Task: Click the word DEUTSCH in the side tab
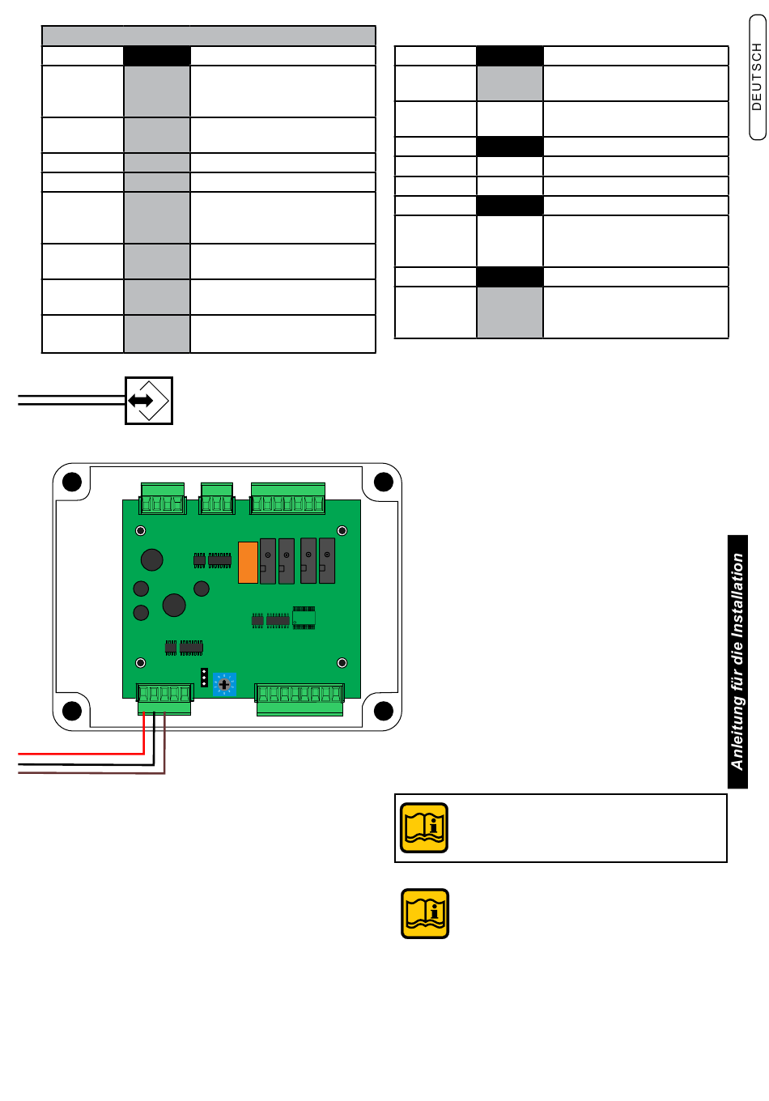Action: pos(757,77)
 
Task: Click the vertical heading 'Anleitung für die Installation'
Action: pos(737,661)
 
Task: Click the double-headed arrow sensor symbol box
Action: pos(149,400)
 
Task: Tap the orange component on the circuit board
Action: pos(248,562)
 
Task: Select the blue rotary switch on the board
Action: pos(224,684)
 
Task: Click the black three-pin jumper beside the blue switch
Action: pos(204,678)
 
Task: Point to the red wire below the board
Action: pos(81,754)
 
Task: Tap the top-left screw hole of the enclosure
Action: pos(72,482)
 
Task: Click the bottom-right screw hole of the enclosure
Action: pos(383,712)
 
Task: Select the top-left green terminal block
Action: pos(163,499)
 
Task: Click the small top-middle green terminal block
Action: pos(217,499)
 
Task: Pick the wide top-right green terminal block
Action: pos(287,499)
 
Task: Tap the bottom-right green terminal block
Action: pos(300,699)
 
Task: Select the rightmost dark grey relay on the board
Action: pos(327,560)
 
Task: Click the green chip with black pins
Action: pos(304,618)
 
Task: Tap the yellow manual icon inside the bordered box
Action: pos(424,828)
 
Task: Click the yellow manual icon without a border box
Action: pos(425,914)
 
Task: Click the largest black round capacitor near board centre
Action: pos(174,605)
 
